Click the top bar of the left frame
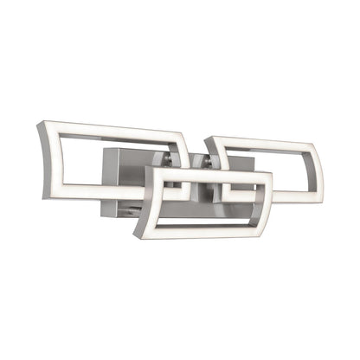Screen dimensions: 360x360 pos(112,132)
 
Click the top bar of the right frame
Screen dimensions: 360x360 pos(260,141)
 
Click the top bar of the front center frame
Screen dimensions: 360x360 pos(208,173)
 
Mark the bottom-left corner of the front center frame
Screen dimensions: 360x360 pos(138,234)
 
